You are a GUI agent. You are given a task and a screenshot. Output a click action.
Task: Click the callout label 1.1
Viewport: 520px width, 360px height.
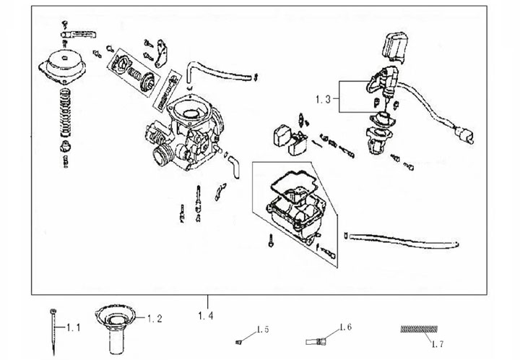73,327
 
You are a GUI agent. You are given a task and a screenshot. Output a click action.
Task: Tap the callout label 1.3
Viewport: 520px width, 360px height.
325,98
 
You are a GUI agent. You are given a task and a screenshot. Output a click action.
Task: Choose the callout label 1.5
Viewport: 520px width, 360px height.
261,330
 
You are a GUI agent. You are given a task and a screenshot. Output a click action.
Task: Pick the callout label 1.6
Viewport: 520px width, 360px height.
344,327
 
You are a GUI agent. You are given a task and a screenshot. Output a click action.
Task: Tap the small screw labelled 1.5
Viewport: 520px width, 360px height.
239,340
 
